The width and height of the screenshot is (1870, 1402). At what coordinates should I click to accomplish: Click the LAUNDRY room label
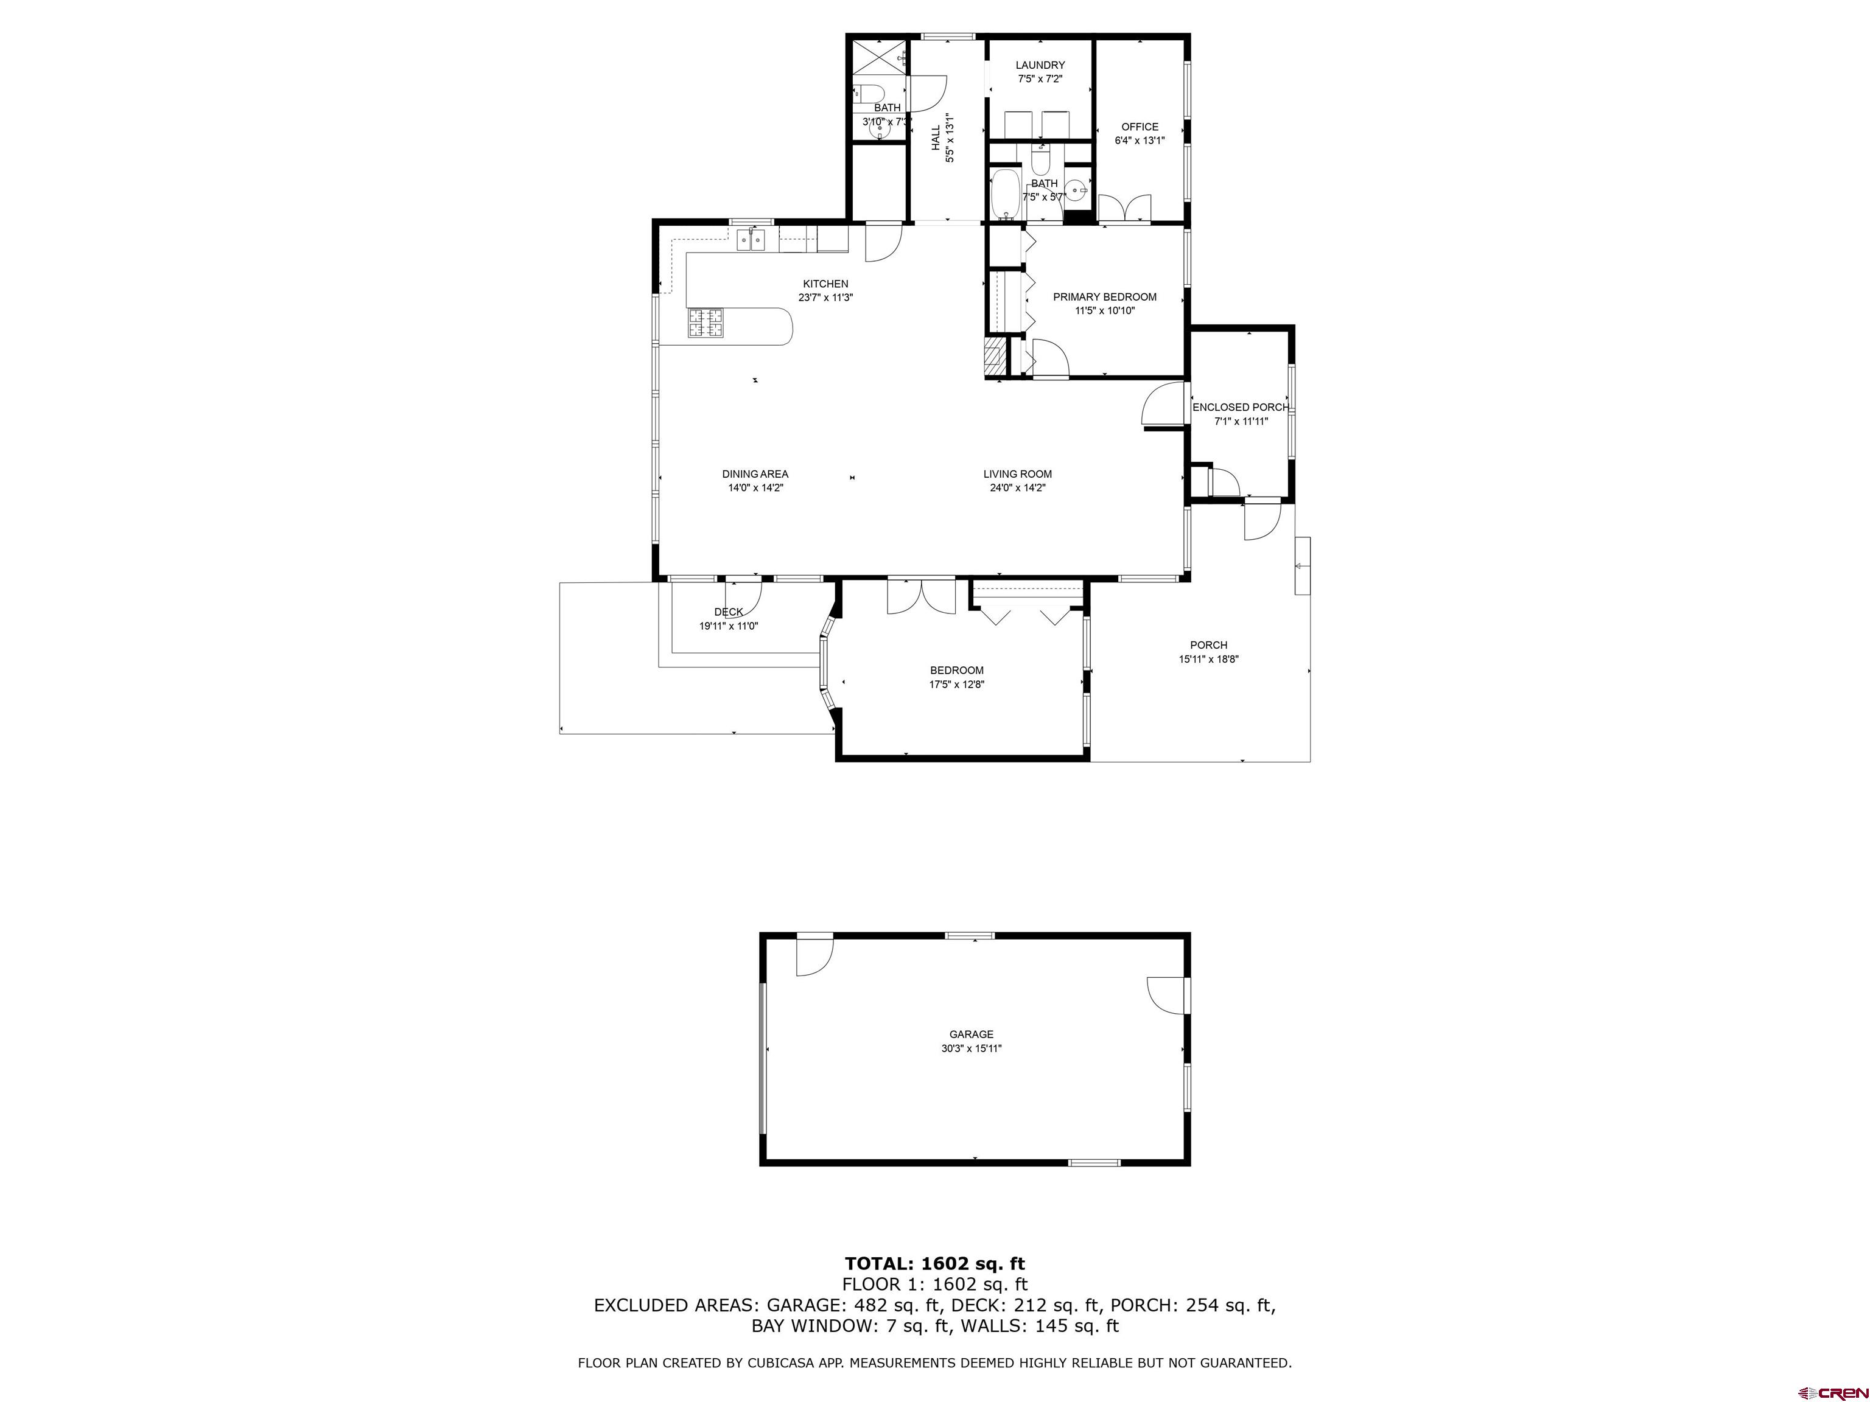(x=1040, y=65)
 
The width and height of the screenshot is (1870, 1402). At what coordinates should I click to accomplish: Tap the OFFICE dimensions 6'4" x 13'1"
(x=1140, y=141)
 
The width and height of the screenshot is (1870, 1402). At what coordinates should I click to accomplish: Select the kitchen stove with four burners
(x=706, y=323)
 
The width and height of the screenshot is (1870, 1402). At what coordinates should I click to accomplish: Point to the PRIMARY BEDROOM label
(x=1104, y=296)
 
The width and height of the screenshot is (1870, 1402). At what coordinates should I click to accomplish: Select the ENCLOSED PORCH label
(x=1240, y=407)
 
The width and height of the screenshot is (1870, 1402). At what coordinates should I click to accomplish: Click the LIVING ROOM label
(x=1017, y=474)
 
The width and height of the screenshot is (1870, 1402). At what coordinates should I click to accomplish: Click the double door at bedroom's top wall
(x=920, y=596)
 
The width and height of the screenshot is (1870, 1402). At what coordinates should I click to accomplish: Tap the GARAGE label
(x=970, y=1034)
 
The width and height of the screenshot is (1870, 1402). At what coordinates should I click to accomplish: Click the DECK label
(x=728, y=612)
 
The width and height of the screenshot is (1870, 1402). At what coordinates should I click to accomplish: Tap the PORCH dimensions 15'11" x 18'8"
(x=1208, y=659)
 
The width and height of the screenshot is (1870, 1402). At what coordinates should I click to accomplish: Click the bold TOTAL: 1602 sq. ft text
(x=934, y=1263)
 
